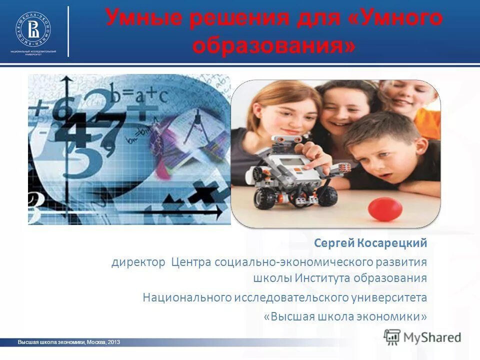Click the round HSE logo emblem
pos(33,28)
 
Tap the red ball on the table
pos(385,208)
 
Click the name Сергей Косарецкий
pos(370,243)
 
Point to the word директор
pos(138,262)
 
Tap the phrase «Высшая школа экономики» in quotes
pos(345,316)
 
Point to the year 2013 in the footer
pos(113,342)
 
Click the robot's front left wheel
pos(263,197)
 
